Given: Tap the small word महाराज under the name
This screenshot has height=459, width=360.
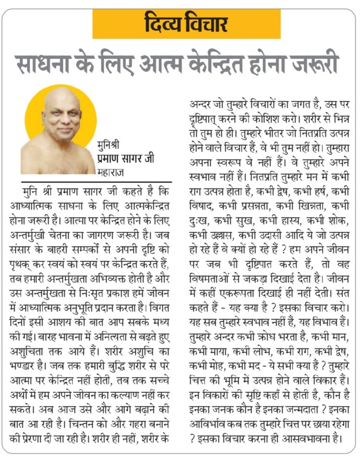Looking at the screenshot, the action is click(x=110, y=170).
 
